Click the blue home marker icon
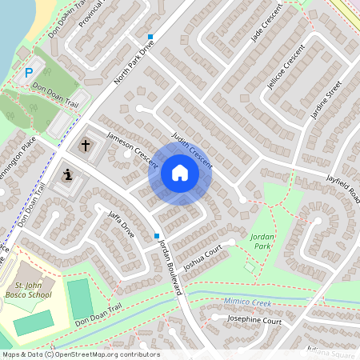click(179, 173)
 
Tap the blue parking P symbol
click(29, 73)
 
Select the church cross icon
click(86, 146)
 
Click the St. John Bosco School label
click(34, 289)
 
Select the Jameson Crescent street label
click(133, 150)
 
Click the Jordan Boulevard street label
click(171, 266)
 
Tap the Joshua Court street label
click(202, 257)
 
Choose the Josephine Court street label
click(254, 321)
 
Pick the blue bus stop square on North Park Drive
click(150, 36)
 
